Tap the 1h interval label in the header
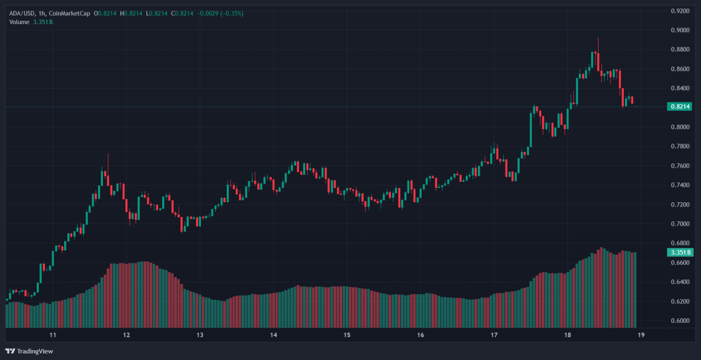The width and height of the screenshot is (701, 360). pyautogui.click(x=43, y=13)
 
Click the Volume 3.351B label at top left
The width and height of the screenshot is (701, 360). pyautogui.click(x=31, y=22)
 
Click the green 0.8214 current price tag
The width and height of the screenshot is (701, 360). pyautogui.click(x=680, y=106)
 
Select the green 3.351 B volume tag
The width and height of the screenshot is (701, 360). pyautogui.click(x=680, y=253)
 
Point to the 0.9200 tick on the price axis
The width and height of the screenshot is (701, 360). pyautogui.click(x=680, y=11)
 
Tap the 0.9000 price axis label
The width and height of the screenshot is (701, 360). pyautogui.click(x=680, y=30)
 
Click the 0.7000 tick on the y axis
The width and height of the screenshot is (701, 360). pyautogui.click(x=680, y=224)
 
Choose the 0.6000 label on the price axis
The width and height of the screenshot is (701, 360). pyautogui.click(x=680, y=321)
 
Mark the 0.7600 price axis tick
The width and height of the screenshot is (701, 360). pyautogui.click(x=680, y=165)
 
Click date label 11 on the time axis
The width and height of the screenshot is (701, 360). pyautogui.click(x=53, y=335)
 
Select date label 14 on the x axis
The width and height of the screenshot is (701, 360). pyautogui.click(x=273, y=335)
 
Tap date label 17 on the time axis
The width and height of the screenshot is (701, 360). pyautogui.click(x=493, y=335)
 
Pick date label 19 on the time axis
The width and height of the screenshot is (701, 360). pyautogui.click(x=640, y=335)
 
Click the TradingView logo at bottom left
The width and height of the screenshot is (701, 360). pyautogui.click(x=30, y=351)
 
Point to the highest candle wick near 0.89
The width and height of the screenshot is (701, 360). pyautogui.click(x=598, y=39)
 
